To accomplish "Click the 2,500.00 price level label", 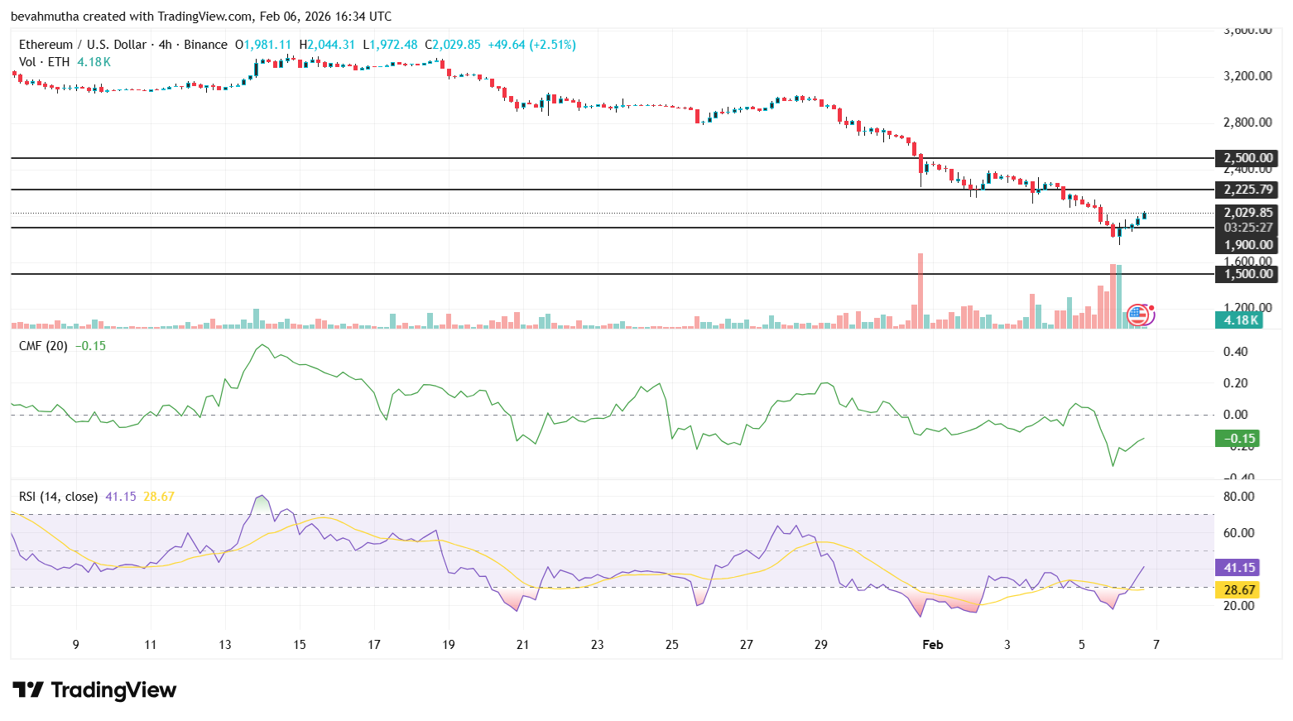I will click(1248, 158).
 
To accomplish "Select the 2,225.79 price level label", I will click(1248, 190).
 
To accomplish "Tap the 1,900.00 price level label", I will click(1248, 245).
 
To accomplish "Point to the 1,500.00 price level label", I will click(1248, 274).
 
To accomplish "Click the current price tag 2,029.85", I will click(1248, 213).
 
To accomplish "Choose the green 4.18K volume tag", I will click(1240, 320).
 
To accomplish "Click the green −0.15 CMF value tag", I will click(1237, 439).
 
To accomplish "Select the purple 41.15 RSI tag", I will click(1238, 568).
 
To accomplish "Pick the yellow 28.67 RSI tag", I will click(1238, 590).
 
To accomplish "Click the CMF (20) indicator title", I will click(43, 346).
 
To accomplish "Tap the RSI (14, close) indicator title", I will click(58, 497).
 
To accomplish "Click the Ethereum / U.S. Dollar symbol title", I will click(83, 45).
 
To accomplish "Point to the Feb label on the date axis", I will click(933, 645).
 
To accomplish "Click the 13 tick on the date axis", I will click(225, 645).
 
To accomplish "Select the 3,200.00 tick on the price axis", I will click(1247, 76).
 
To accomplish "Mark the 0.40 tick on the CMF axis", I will click(1235, 352).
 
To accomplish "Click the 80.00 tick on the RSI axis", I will click(1238, 497).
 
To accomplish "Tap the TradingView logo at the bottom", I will click(95, 690).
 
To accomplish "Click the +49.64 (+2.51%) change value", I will click(531, 45).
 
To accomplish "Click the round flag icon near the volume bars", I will click(1138, 314).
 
